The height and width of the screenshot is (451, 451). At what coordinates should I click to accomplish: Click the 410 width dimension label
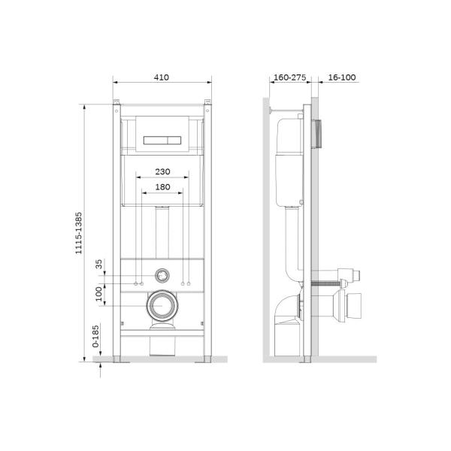[162, 77]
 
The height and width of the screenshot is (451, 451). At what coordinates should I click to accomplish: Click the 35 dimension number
[98, 264]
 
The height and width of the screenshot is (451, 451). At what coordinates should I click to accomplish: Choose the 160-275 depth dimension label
[289, 77]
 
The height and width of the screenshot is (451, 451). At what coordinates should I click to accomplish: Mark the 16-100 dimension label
[343, 77]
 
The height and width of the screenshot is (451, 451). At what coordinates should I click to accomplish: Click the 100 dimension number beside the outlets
[98, 293]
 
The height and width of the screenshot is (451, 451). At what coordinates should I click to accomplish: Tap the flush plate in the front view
[162, 138]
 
